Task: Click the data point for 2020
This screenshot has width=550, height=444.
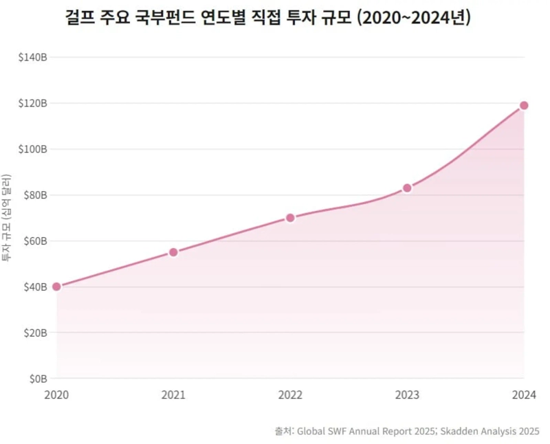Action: click(x=56, y=287)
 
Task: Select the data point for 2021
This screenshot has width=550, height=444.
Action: click(x=173, y=252)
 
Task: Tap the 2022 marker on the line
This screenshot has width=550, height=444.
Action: click(x=290, y=218)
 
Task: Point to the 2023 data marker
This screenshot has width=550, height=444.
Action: click(x=407, y=188)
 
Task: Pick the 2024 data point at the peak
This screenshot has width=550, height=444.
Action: click(x=524, y=105)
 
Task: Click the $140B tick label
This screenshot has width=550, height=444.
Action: click(x=32, y=58)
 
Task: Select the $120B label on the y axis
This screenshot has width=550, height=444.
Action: click(x=32, y=103)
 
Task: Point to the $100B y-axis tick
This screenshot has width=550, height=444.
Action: click(x=32, y=149)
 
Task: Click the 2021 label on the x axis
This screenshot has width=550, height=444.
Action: click(x=173, y=395)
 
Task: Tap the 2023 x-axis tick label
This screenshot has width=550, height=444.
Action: click(x=407, y=395)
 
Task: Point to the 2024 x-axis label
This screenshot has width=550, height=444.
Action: click(x=522, y=395)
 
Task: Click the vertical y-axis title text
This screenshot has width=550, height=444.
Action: click(x=8, y=218)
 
